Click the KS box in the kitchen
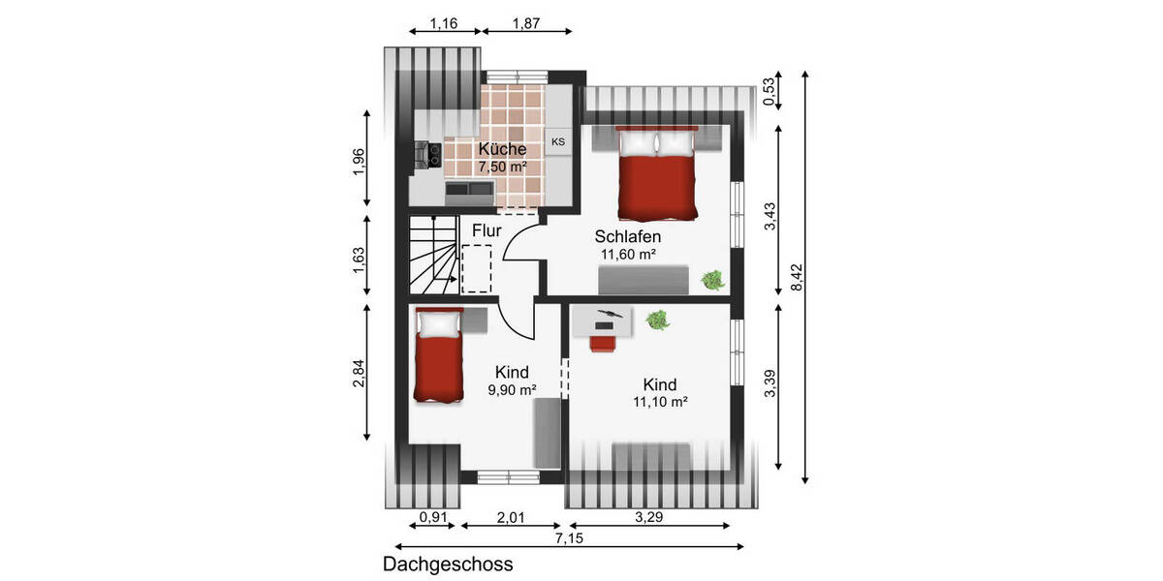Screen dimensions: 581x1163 coord(558,142)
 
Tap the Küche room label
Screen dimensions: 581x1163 coord(502,149)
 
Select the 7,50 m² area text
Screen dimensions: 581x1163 coord(502,167)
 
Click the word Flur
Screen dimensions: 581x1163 coord(487,231)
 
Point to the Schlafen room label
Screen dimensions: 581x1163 coord(628,237)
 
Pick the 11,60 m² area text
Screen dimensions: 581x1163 coord(628,255)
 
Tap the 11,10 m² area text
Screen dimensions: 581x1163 coord(659,401)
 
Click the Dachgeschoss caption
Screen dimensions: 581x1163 coord(448,564)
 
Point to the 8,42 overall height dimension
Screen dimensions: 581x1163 coord(797,278)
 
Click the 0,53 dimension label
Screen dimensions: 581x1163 coord(770,91)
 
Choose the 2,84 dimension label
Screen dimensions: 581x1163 coord(360,373)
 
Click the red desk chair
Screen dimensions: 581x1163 coord(604,340)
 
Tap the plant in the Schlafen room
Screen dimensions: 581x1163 coord(713,279)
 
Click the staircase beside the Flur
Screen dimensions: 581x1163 coord(432,254)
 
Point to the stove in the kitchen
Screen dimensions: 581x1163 coord(428,153)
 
